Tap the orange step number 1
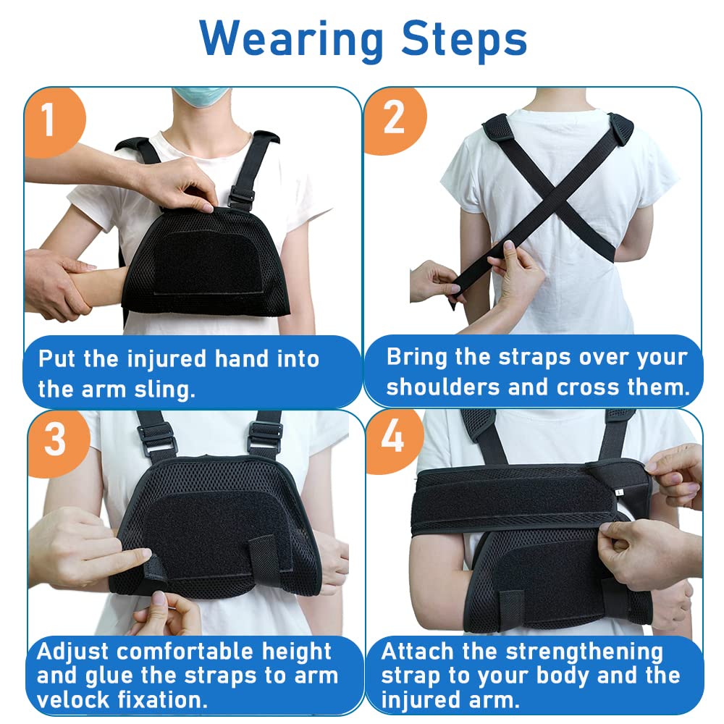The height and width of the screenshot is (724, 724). tap(49, 119)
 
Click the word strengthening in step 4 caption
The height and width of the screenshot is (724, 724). tap(584, 652)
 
